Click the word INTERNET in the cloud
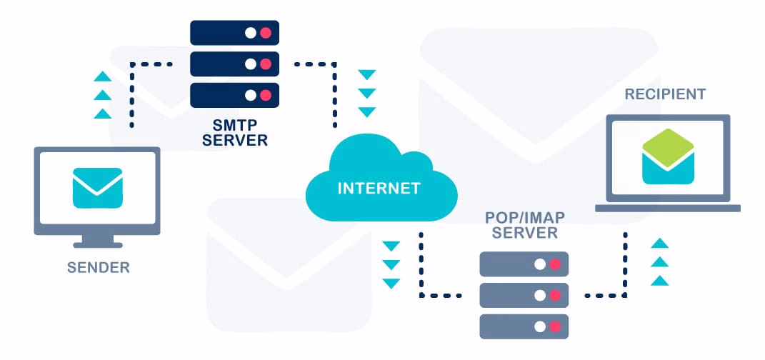coord(379,189)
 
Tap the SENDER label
coord(99,269)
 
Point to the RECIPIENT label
coord(665,94)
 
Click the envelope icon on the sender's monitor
coord(97,188)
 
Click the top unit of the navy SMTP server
coord(234,33)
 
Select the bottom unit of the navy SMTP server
coord(234,94)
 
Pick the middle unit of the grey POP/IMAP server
coord(524,295)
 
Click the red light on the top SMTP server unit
coord(266,33)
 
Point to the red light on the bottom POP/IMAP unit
coord(555,326)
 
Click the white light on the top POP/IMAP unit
coord(540,264)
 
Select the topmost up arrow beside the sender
coord(103,76)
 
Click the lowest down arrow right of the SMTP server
coord(366,112)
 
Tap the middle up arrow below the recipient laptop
coord(660,262)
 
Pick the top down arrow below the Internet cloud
coord(391,247)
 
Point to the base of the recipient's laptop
coord(668,208)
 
